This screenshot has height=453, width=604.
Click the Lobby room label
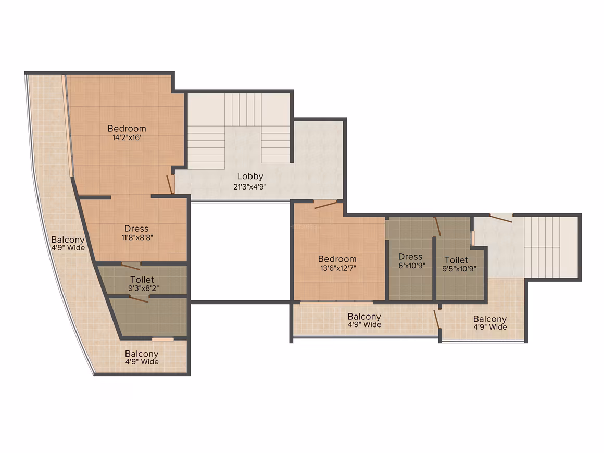click(x=250, y=177)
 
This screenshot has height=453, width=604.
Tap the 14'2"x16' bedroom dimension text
click(x=127, y=137)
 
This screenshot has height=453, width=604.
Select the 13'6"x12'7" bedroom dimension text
click(x=338, y=268)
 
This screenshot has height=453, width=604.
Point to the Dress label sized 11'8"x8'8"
click(x=136, y=229)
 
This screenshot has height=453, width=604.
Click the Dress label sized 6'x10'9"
click(x=410, y=257)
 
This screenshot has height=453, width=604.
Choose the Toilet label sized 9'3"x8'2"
click(x=142, y=280)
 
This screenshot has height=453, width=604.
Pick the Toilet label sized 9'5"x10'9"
click(x=457, y=260)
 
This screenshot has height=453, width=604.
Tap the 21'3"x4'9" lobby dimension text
click(x=250, y=187)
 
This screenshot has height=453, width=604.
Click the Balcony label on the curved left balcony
click(x=68, y=240)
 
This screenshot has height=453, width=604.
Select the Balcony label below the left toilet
click(x=142, y=354)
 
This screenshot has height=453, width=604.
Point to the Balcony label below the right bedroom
click(x=364, y=317)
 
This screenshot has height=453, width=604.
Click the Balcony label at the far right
click(x=490, y=319)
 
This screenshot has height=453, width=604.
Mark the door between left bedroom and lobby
click(x=170, y=184)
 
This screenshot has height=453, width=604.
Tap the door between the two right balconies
click(x=437, y=319)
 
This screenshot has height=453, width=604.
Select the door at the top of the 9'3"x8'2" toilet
click(x=131, y=266)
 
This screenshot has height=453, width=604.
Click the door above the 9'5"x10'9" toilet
click(x=437, y=226)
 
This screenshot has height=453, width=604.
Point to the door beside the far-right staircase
click(x=501, y=218)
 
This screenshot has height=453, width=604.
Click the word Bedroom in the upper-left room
click(x=127, y=128)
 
